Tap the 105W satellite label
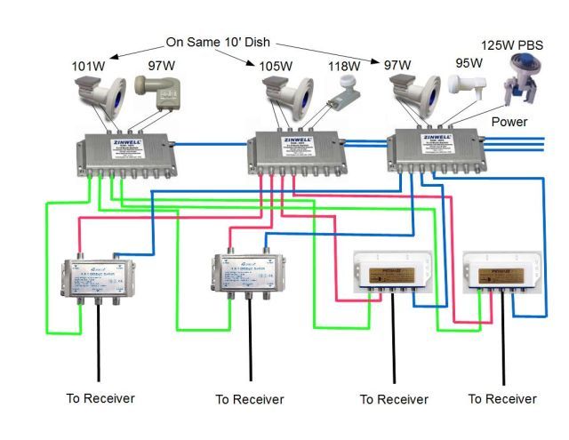[276, 66]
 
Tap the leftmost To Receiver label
[100, 398]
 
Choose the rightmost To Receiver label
[502, 399]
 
